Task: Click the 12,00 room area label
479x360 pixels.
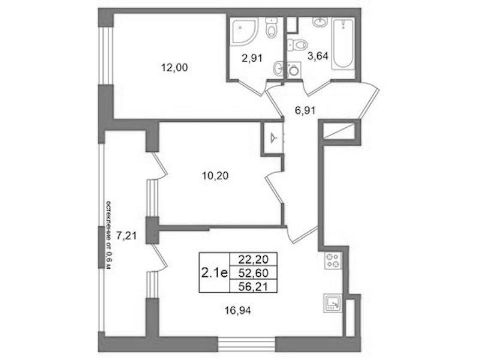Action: click(x=174, y=67)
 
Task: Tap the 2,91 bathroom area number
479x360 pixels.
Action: click(x=252, y=58)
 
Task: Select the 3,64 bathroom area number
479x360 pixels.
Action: click(x=318, y=56)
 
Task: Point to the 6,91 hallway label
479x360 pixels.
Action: click(x=305, y=110)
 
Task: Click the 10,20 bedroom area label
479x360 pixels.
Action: click(x=215, y=176)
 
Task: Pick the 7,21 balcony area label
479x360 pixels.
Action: click(x=126, y=236)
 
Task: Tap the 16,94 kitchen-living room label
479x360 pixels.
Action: click(x=237, y=311)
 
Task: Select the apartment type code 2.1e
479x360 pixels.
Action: click(x=215, y=272)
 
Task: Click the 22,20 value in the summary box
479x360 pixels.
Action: click(x=253, y=259)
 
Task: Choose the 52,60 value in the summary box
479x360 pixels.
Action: click(x=253, y=272)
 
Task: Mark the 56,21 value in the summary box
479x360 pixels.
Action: click(x=253, y=286)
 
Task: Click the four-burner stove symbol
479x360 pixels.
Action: click(x=333, y=260)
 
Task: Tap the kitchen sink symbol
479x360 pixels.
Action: click(x=333, y=303)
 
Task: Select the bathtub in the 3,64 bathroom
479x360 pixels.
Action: click(x=344, y=44)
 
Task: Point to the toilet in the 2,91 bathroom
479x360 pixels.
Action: click(x=271, y=28)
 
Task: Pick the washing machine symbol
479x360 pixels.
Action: click(x=294, y=70)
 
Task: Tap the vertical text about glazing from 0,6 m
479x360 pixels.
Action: click(x=109, y=235)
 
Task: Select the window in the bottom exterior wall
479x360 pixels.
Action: click(x=246, y=344)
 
